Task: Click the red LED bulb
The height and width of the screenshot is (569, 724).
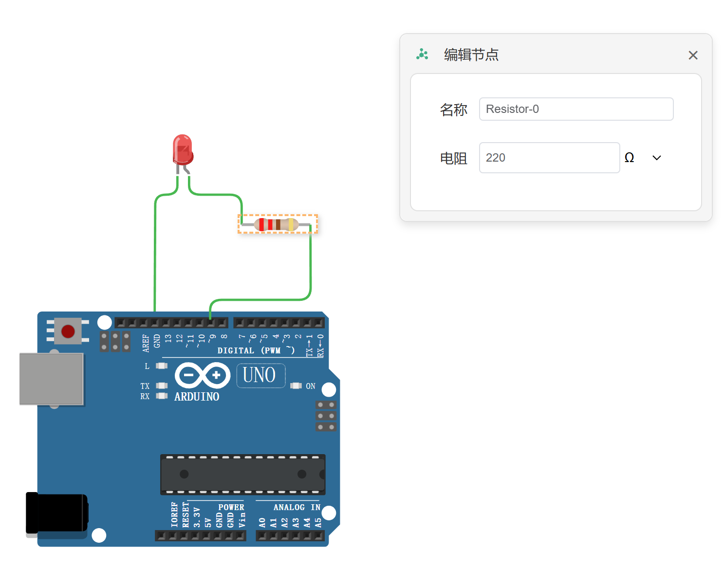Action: [183, 149]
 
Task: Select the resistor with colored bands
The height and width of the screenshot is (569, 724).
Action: [277, 224]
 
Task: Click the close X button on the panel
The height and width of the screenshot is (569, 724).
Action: [693, 55]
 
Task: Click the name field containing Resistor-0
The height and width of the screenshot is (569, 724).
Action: [576, 109]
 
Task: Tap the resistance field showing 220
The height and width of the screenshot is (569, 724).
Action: [549, 158]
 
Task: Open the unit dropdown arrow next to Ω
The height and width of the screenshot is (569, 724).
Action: [656, 158]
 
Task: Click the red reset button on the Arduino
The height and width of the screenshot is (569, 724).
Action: [68, 331]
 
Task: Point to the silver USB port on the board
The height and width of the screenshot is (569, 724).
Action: [51, 379]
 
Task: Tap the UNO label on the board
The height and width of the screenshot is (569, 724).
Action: [260, 376]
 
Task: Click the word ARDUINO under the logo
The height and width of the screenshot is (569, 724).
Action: [197, 397]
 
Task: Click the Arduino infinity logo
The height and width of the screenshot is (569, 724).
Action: [202, 375]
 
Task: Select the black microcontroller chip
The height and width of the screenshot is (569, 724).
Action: [242, 474]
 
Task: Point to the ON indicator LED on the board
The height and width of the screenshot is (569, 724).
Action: [296, 386]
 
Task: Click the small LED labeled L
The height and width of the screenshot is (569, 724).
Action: [162, 366]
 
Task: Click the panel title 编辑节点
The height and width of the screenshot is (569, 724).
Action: [471, 55]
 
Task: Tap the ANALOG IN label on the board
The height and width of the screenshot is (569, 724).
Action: [297, 507]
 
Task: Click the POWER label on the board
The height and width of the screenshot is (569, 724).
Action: [231, 507]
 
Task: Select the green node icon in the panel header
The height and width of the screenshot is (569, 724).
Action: [422, 55]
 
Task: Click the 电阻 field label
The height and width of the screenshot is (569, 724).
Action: [453, 158]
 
